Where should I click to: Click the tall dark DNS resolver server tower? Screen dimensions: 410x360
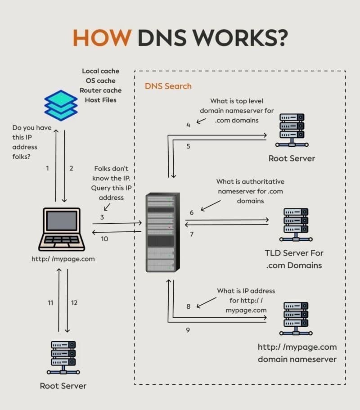tap(160, 232)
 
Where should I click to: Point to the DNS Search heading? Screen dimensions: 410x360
tap(168, 86)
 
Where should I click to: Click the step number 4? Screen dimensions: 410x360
tap(188, 125)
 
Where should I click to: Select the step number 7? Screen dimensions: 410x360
tap(192, 234)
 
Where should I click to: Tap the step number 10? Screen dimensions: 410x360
tap(104, 239)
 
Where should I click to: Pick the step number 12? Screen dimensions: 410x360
tap(74, 303)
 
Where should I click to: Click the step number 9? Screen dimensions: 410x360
tap(188, 330)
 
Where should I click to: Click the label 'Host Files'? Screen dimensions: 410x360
tap(101, 100)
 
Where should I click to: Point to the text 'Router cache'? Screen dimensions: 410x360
tap(101, 90)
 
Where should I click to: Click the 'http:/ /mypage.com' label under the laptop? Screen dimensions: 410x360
tap(63, 259)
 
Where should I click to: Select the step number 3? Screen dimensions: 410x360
tap(102, 217)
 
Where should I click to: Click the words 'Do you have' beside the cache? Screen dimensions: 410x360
tap(32, 128)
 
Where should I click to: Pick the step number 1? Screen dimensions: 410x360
tap(47, 168)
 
